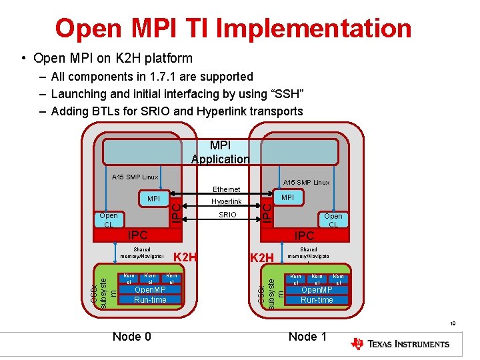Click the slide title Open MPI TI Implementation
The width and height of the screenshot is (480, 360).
point(233,28)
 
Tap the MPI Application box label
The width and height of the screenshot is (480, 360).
point(220,152)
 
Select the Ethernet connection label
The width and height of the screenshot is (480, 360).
point(226,189)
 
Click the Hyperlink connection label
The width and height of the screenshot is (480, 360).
point(227,201)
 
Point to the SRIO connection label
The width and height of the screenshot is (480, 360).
point(227,215)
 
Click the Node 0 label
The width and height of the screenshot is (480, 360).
point(132,337)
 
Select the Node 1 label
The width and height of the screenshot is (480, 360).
point(307,337)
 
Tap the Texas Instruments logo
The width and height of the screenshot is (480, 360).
point(400,344)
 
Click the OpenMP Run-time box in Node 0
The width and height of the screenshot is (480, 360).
point(150,295)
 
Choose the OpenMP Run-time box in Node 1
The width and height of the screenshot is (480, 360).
point(317,295)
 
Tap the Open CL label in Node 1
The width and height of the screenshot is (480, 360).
point(333,220)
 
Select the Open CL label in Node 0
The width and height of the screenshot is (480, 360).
point(108,220)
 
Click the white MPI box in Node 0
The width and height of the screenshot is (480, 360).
point(153,199)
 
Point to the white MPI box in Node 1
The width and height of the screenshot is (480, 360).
point(288,197)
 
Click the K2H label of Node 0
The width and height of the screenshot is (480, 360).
point(186,257)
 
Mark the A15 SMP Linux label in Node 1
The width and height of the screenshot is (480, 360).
point(307,182)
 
